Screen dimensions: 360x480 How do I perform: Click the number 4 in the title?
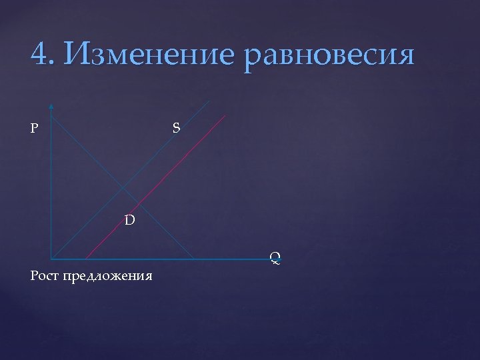(x=39, y=54)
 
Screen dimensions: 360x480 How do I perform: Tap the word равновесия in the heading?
(x=330, y=55)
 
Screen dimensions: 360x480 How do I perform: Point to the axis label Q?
(x=275, y=256)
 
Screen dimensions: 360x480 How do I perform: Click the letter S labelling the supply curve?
(x=176, y=127)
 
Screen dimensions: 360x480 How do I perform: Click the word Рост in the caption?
(x=45, y=275)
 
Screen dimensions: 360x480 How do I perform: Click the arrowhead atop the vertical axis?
(x=51, y=105)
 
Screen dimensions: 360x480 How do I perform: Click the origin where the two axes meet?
(x=51, y=259)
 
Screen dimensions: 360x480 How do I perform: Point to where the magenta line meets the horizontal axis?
(x=86, y=259)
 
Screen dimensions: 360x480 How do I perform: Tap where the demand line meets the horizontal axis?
(x=194, y=259)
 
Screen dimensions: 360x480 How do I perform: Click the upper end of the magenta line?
(x=225, y=116)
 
